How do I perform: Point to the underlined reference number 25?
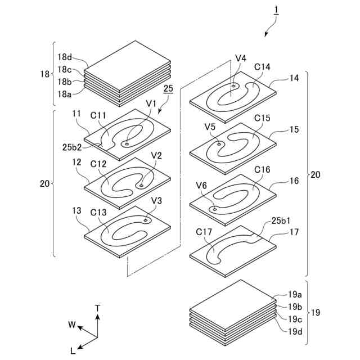[x=168, y=89]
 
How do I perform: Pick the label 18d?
[x=65, y=56]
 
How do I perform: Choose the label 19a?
[x=296, y=295]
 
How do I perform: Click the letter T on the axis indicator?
[x=98, y=308]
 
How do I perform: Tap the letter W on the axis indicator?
[x=72, y=325]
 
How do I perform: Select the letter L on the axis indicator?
[x=73, y=350]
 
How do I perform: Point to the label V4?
[x=241, y=58]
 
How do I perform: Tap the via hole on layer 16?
[x=214, y=209]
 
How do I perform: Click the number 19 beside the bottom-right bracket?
[x=317, y=312]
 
